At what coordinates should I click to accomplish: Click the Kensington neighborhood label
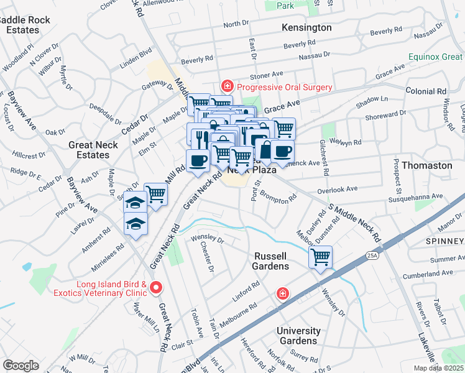coord(306,28)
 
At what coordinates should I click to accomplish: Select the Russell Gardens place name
coord(272,261)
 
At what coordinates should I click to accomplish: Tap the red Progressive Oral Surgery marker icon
coord(228,87)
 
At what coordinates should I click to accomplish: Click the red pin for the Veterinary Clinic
coord(156,287)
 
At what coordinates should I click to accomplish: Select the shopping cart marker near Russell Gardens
coord(320,257)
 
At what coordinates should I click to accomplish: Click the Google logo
coord(21,366)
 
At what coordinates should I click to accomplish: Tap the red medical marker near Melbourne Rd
coord(283,293)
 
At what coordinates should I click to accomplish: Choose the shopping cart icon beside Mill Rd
coord(155,194)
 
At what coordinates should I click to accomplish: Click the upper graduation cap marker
coord(135,203)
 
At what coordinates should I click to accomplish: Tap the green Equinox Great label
coord(436,57)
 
